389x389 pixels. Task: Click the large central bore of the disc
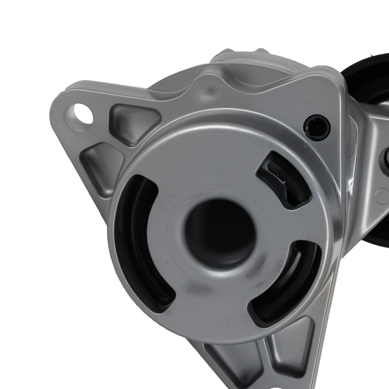(x=219, y=233)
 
